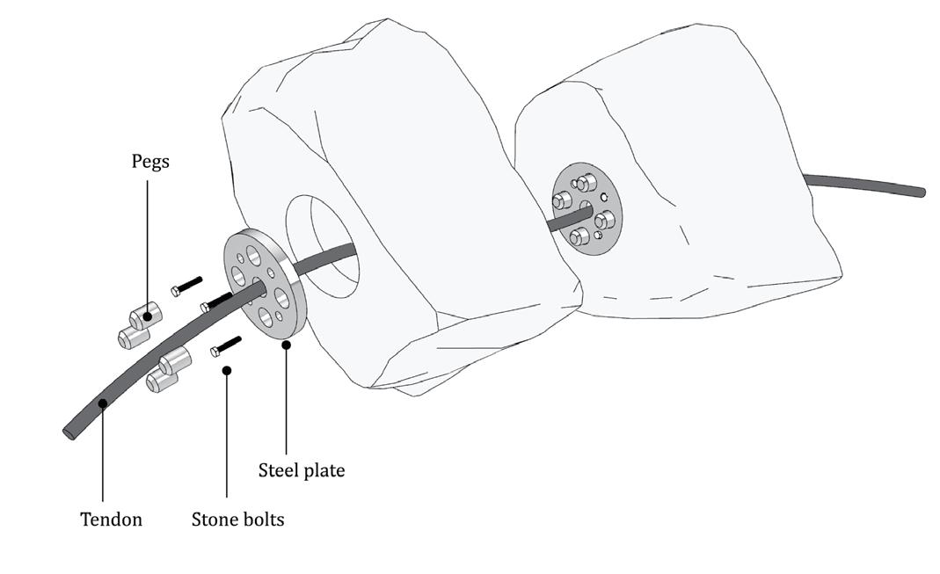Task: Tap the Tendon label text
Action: pyautogui.click(x=111, y=519)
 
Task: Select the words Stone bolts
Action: pyautogui.click(x=237, y=519)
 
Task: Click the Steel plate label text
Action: pyautogui.click(x=301, y=470)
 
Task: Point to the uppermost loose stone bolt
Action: pyautogui.click(x=187, y=286)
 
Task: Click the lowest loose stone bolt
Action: pyautogui.click(x=225, y=346)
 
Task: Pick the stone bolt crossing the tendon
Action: pyautogui.click(x=216, y=302)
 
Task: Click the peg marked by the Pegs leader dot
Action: pyautogui.click(x=146, y=315)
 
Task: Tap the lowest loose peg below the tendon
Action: pyautogui.click(x=162, y=380)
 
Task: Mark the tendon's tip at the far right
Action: pyautogui.click(x=920, y=192)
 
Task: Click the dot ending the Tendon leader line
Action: pyautogui.click(x=103, y=403)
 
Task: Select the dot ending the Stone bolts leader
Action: pyautogui.click(x=226, y=371)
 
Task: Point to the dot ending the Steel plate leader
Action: pyautogui.click(x=287, y=345)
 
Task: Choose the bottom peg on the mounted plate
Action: pyautogui.click(x=579, y=236)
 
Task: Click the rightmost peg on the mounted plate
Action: pyautogui.click(x=605, y=219)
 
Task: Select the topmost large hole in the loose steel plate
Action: pyautogui.click(x=254, y=255)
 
